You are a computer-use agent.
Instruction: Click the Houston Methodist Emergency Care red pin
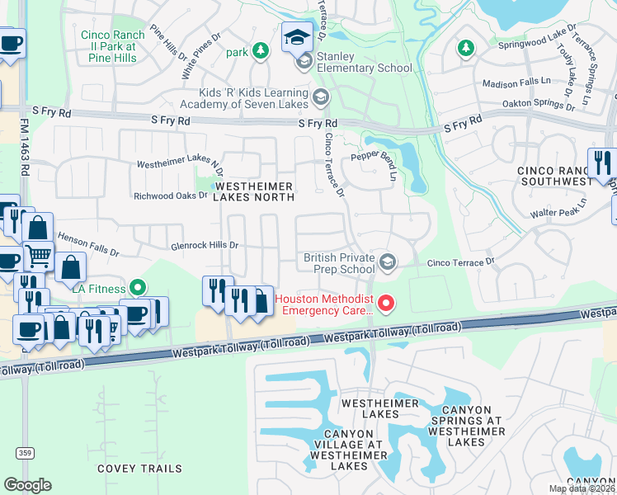pos(385,304)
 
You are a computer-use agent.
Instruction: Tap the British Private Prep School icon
pos(387,263)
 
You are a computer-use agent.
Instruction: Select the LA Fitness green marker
pos(138,289)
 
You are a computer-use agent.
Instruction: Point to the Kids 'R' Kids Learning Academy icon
pos(320,99)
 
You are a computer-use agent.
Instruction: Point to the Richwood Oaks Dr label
pos(170,196)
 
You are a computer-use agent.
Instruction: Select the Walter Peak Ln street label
pos(558,207)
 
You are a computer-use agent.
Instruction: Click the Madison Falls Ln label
pos(516,83)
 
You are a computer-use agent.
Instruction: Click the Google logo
pos(27,485)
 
